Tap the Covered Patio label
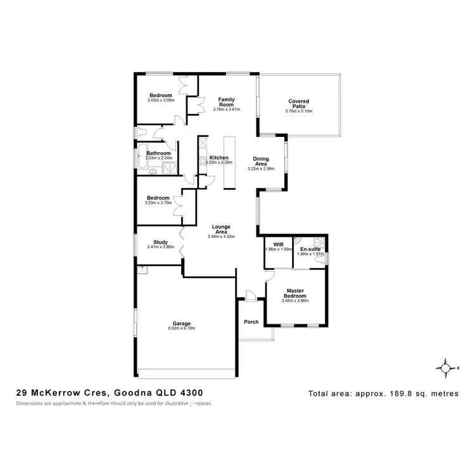[x=298, y=104]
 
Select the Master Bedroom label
[x=294, y=293]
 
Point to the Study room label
[x=160, y=241]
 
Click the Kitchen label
[x=219, y=158]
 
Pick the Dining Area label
[x=261, y=161]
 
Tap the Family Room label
[x=227, y=103]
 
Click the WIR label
[x=277, y=244]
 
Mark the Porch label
[x=251, y=322]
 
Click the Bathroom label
[x=159, y=153]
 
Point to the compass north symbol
[x=448, y=368]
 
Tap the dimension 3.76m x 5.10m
[x=298, y=111]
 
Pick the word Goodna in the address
[x=134, y=393]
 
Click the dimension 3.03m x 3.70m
[x=159, y=203]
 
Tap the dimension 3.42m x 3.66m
[x=294, y=301]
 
